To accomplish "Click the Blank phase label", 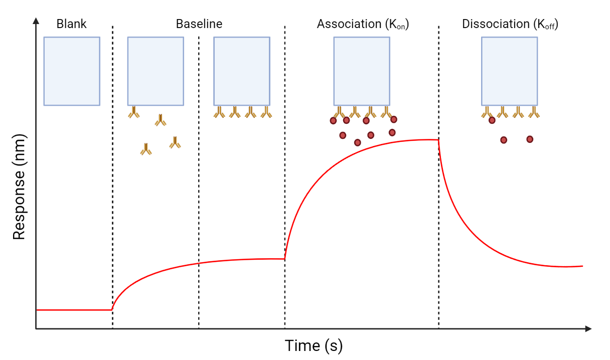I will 71,24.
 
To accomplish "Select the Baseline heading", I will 199,24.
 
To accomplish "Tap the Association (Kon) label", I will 363,24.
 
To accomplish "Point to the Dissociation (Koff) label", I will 510,24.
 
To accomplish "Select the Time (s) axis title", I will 314,346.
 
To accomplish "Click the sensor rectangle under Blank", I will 72,71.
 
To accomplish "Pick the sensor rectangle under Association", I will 362,71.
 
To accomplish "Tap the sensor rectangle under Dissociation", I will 509,71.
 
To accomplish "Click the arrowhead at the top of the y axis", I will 36,21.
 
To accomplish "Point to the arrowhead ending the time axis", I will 588,329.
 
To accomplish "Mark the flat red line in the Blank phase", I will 73,310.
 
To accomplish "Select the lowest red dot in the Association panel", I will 358,142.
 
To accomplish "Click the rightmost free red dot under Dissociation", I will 530,139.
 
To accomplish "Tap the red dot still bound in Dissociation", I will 492,120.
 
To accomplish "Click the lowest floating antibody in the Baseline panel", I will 146,149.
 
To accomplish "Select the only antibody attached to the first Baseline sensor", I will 134,112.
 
